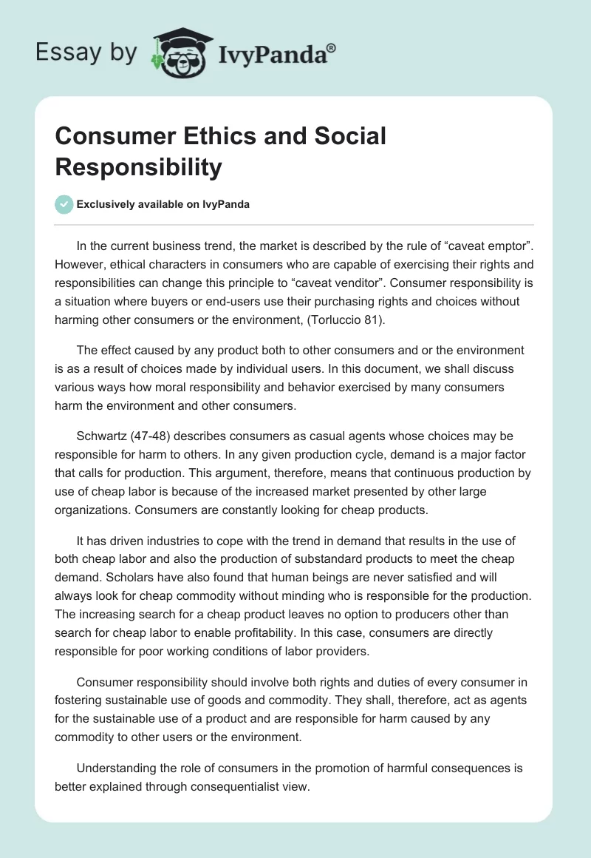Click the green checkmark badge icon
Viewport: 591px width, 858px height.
click(x=64, y=204)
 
